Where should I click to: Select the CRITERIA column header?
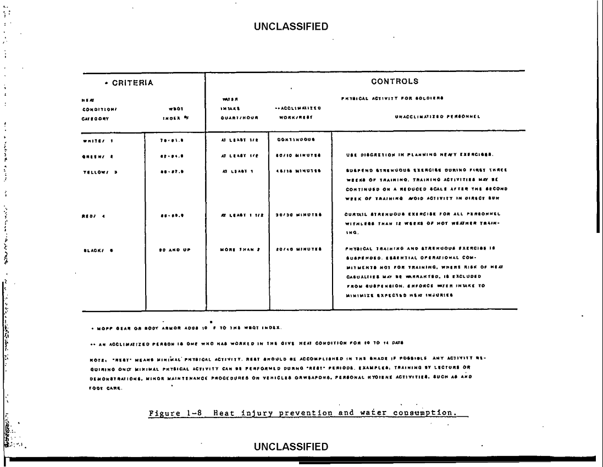point(128,83)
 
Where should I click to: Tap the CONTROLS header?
point(395,82)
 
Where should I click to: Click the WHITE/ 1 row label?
point(97,141)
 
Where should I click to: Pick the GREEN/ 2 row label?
point(97,155)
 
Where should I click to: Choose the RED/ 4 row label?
point(93,216)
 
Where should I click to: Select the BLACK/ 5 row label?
point(97,251)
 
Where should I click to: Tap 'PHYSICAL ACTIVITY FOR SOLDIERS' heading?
point(392,98)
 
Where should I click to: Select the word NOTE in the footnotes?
point(96,358)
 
